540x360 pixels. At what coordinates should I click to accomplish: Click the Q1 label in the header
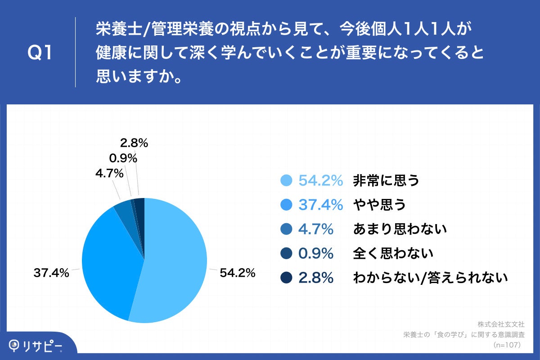point(40,53)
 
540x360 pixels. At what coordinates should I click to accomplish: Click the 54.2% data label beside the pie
point(238,273)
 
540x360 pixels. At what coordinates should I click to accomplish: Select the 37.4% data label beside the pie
point(51,273)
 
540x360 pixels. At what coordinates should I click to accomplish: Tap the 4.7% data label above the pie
point(109,173)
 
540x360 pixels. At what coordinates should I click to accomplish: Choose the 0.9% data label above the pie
point(123,158)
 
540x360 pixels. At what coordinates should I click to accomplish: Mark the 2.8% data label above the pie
point(134,144)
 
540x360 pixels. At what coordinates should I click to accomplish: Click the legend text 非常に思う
point(386,180)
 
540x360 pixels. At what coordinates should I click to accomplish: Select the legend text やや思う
point(379,205)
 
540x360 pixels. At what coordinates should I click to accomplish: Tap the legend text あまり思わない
point(400,229)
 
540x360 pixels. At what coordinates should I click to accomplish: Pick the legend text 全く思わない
point(393,253)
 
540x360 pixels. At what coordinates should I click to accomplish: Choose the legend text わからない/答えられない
point(430,278)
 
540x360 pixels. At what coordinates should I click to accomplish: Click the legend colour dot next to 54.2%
point(287,180)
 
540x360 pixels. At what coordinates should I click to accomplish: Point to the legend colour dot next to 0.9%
point(287,253)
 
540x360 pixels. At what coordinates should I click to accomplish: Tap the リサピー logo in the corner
point(36,346)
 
